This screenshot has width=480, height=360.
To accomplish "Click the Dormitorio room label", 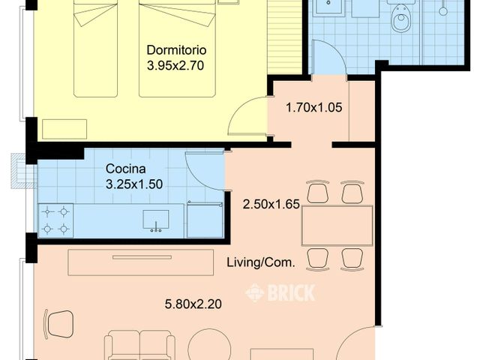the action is (176, 50).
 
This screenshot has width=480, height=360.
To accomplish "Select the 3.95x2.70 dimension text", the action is (175, 65).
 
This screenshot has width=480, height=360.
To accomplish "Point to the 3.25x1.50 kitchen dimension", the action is (134, 184).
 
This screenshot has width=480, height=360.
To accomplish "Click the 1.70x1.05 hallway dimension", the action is (313, 108).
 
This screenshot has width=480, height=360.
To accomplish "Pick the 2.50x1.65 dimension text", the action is (271, 204).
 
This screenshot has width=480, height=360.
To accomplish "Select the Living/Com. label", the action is (261, 262).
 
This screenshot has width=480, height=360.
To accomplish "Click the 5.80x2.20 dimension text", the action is (193, 304).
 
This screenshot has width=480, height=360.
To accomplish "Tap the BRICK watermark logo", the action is (280, 292).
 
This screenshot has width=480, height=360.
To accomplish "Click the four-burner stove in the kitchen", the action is (55, 220).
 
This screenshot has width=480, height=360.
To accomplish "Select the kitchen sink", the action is (156, 220).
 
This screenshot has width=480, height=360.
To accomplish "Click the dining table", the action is (337, 226).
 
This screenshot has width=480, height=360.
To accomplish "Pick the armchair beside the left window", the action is (58, 324).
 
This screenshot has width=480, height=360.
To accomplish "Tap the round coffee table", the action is (209, 345).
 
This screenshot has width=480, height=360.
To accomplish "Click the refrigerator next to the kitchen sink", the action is (205, 220).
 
